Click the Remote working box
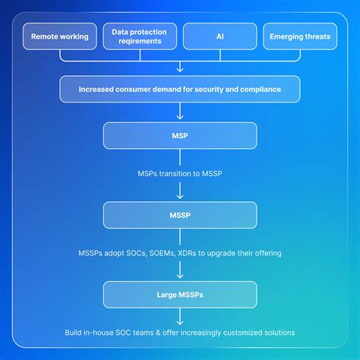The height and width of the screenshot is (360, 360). click(x=59, y=36)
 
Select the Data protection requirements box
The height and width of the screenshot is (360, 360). click(x=140, y=36)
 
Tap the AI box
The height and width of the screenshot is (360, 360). click(x=219, y=36)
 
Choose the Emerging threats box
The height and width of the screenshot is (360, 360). click(x=300, y=36)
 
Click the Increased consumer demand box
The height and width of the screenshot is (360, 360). click(x=180, y=89)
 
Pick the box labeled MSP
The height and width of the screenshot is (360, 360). click(x=180, y=135)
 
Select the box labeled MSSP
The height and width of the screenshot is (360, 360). click(x=180, y=215)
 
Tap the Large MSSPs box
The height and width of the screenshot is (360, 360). click(x=180, y=295)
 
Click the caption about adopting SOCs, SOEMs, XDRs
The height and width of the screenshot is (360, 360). click(x=180, y=253)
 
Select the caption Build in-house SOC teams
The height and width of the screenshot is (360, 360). click(x=180, y=333)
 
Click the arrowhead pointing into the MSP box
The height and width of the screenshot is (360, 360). click(x=180, y=118)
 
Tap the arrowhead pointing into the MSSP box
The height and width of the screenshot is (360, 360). click(x=180, y=197)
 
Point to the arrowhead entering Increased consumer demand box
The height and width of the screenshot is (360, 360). click(x=180, y=71)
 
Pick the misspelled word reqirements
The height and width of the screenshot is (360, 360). click(x=140, y=42)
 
